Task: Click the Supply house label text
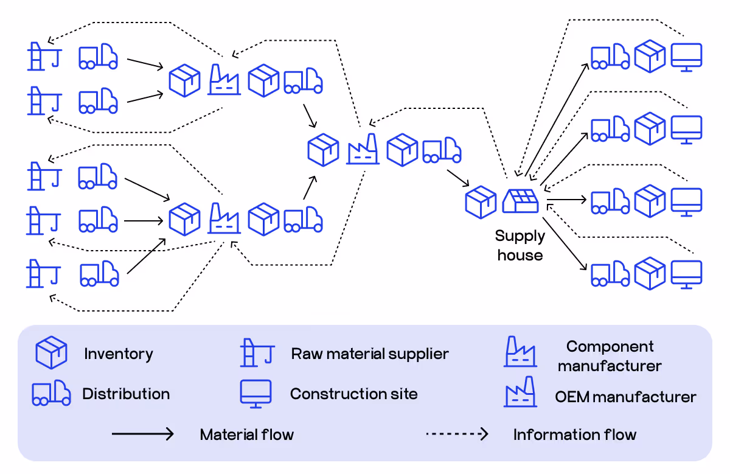(520, 245)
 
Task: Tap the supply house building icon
(521, 200)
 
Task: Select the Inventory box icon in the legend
(51, 353)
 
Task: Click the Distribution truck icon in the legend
(51, 393)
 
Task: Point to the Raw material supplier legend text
(370, 354)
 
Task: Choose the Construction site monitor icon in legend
(255, 394)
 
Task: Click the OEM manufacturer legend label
(625, 397)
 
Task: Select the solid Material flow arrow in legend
(143, 434)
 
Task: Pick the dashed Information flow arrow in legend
(457, 434)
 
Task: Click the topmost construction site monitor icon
(687, 57)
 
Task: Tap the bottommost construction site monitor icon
(687, 274)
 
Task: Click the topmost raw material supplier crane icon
(43, 57)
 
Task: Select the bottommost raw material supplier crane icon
(43, 273)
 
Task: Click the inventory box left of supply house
(481, 202)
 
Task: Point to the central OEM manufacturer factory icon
(363, 149)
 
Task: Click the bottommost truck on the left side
(99, 273)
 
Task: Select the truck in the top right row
(610, 56)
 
